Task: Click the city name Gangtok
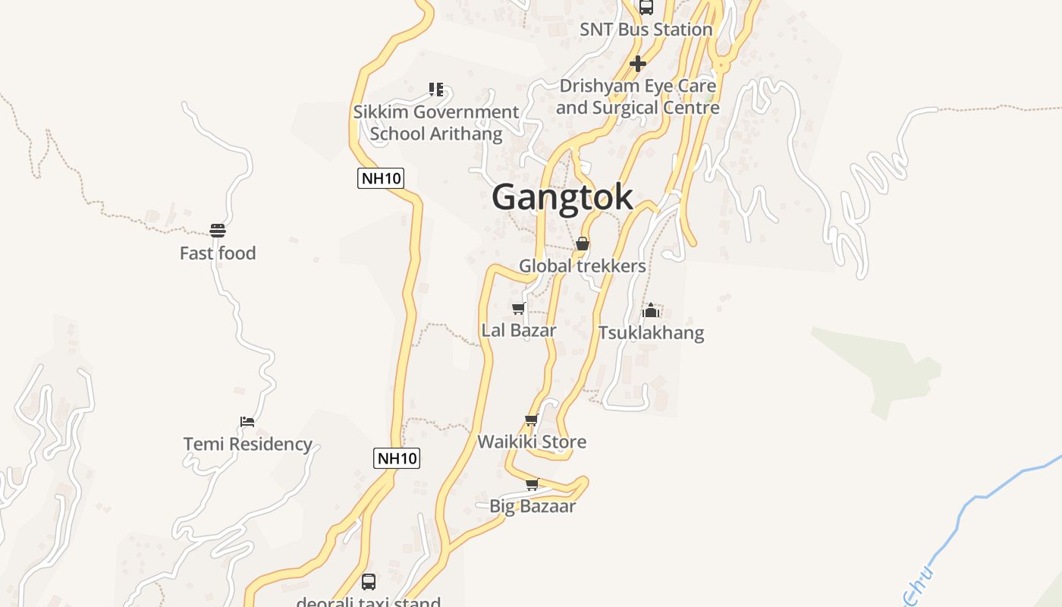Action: [562, 197]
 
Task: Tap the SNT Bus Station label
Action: [646, 30]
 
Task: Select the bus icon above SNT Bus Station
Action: [646, 8]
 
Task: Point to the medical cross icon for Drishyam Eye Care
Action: [638, 64]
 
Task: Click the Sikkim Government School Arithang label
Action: [436, 123]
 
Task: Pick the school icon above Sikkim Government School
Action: [436, 90]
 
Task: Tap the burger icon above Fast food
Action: [218, 231]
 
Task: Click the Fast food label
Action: [218, 253]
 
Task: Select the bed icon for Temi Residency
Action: [247, 421]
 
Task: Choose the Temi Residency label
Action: [248, 444]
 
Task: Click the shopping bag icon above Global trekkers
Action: [583, 244]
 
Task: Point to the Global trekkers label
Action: [583, 266]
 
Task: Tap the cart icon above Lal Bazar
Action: [519, 308]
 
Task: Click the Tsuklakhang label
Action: [651, 333]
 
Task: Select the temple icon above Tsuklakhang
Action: [651, 310]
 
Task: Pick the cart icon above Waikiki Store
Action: [532, 420]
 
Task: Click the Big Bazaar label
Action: [533, 506]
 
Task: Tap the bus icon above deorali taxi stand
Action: [369, 582]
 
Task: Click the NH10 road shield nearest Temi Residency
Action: [397, 458]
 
